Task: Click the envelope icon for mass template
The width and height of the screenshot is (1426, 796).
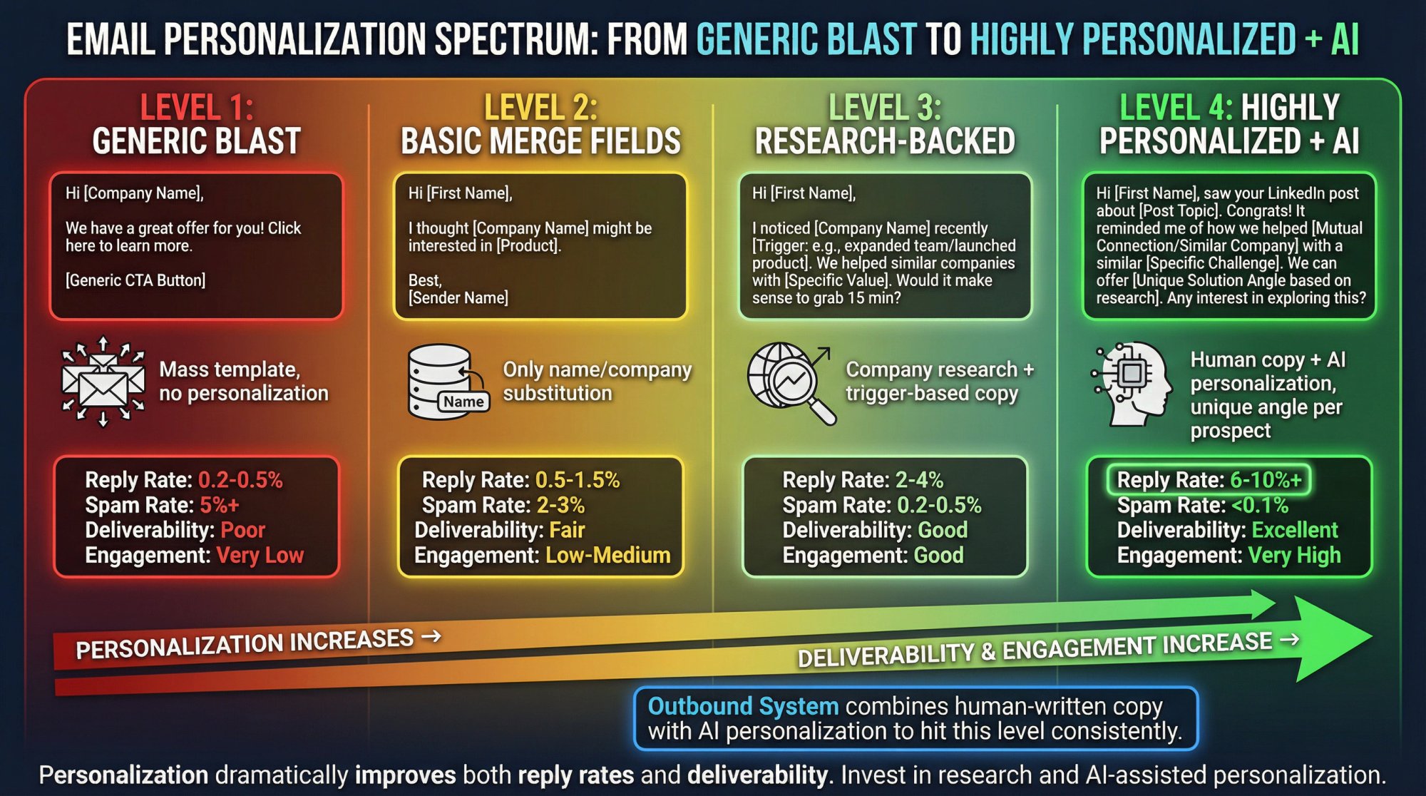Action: coord(103,382)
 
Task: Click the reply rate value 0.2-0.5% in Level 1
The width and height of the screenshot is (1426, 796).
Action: coord(240,480)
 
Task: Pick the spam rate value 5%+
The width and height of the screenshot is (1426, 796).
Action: coord(220,505)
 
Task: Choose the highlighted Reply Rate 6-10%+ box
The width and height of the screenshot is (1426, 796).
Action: coord(1209,480)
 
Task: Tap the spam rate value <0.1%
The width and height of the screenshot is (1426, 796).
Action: coord(1260,505)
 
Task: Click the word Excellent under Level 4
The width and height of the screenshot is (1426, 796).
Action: coord(1295,530)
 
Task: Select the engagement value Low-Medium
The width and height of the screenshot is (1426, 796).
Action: coord(607,555)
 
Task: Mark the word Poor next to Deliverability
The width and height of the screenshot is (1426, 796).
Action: coord(243,530)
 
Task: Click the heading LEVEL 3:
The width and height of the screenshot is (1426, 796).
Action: coord(885,108)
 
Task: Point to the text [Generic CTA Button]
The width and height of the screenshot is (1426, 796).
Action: coord(135,280)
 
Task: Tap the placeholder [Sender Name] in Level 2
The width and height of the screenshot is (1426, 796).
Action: coord(458,297)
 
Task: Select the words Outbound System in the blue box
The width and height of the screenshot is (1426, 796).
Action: coord(743,706)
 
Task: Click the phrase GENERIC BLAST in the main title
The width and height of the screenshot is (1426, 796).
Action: coord(806,39)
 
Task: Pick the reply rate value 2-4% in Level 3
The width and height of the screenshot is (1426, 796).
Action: coord(920,480)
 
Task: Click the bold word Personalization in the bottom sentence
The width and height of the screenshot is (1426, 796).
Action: coord(123,775)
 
